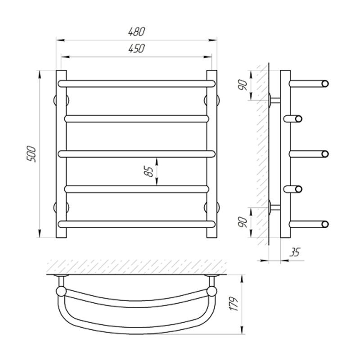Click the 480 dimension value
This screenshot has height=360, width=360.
tap(137, 31)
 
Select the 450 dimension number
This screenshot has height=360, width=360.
tap(137, 49)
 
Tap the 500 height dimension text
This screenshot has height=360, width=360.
tap(31, 154)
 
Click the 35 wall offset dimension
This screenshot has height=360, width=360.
tap(295, 252)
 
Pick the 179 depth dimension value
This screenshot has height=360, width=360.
tap(234, 304)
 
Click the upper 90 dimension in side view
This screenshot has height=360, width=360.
tap(243, 85)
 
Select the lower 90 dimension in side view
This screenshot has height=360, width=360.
tap(243, 222)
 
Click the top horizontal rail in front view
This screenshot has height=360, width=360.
tap(137, 84)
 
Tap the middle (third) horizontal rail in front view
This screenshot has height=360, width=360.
tap(137, 154)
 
